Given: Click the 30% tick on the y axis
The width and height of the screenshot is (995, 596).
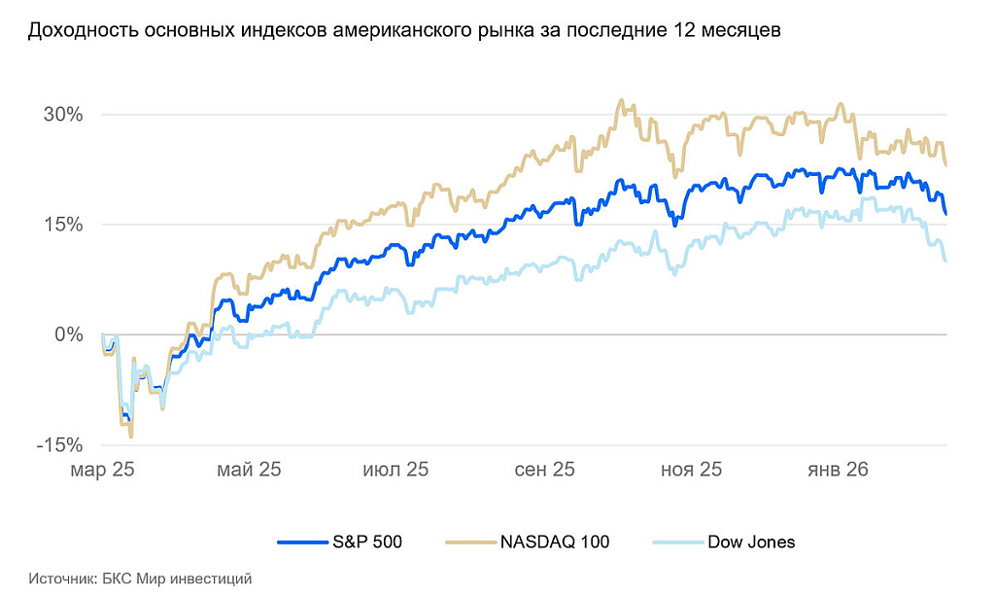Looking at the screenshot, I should (63, 115).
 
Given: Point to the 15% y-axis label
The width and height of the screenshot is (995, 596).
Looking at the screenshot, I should (63, 225).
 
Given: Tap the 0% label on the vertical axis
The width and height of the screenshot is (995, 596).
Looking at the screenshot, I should (69, 334).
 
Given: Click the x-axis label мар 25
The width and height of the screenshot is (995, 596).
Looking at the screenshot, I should (101, 470).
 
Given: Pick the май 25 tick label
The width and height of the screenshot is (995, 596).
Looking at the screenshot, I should (249, 470).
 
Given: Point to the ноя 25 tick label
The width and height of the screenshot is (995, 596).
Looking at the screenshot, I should (691, 470).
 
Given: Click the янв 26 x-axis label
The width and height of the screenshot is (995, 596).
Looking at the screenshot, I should (838, 470).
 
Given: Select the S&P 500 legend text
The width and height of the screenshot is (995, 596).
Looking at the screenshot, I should (367, 542).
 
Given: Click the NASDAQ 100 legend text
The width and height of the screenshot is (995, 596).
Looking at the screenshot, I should (555, 542).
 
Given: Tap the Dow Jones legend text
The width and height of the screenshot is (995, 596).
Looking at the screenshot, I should (751, 542).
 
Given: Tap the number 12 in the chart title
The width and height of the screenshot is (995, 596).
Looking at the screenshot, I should (682, 31).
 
